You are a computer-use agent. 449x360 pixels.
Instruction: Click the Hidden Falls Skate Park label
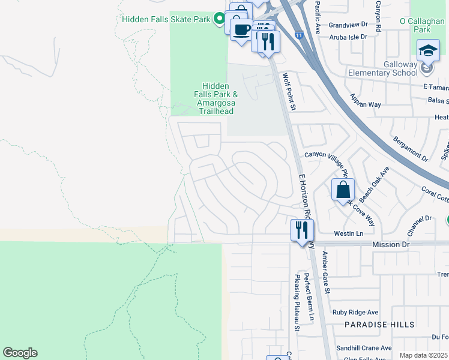point(165,19)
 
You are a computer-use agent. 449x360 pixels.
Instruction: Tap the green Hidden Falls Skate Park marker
point(219,19)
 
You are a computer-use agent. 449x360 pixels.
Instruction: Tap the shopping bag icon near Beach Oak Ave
point(343,190)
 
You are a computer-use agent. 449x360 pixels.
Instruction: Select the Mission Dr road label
point(390,245)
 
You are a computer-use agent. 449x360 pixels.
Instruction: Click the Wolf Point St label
point(289,92)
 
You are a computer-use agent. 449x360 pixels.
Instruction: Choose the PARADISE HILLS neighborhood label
point(379,324)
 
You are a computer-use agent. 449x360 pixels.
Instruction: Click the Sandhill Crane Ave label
point(363,347)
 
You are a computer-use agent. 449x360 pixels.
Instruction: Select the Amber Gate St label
point(326,272)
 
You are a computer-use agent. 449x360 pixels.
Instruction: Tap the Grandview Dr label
point(348,25)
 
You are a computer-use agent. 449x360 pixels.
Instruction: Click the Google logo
point(20,353)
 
